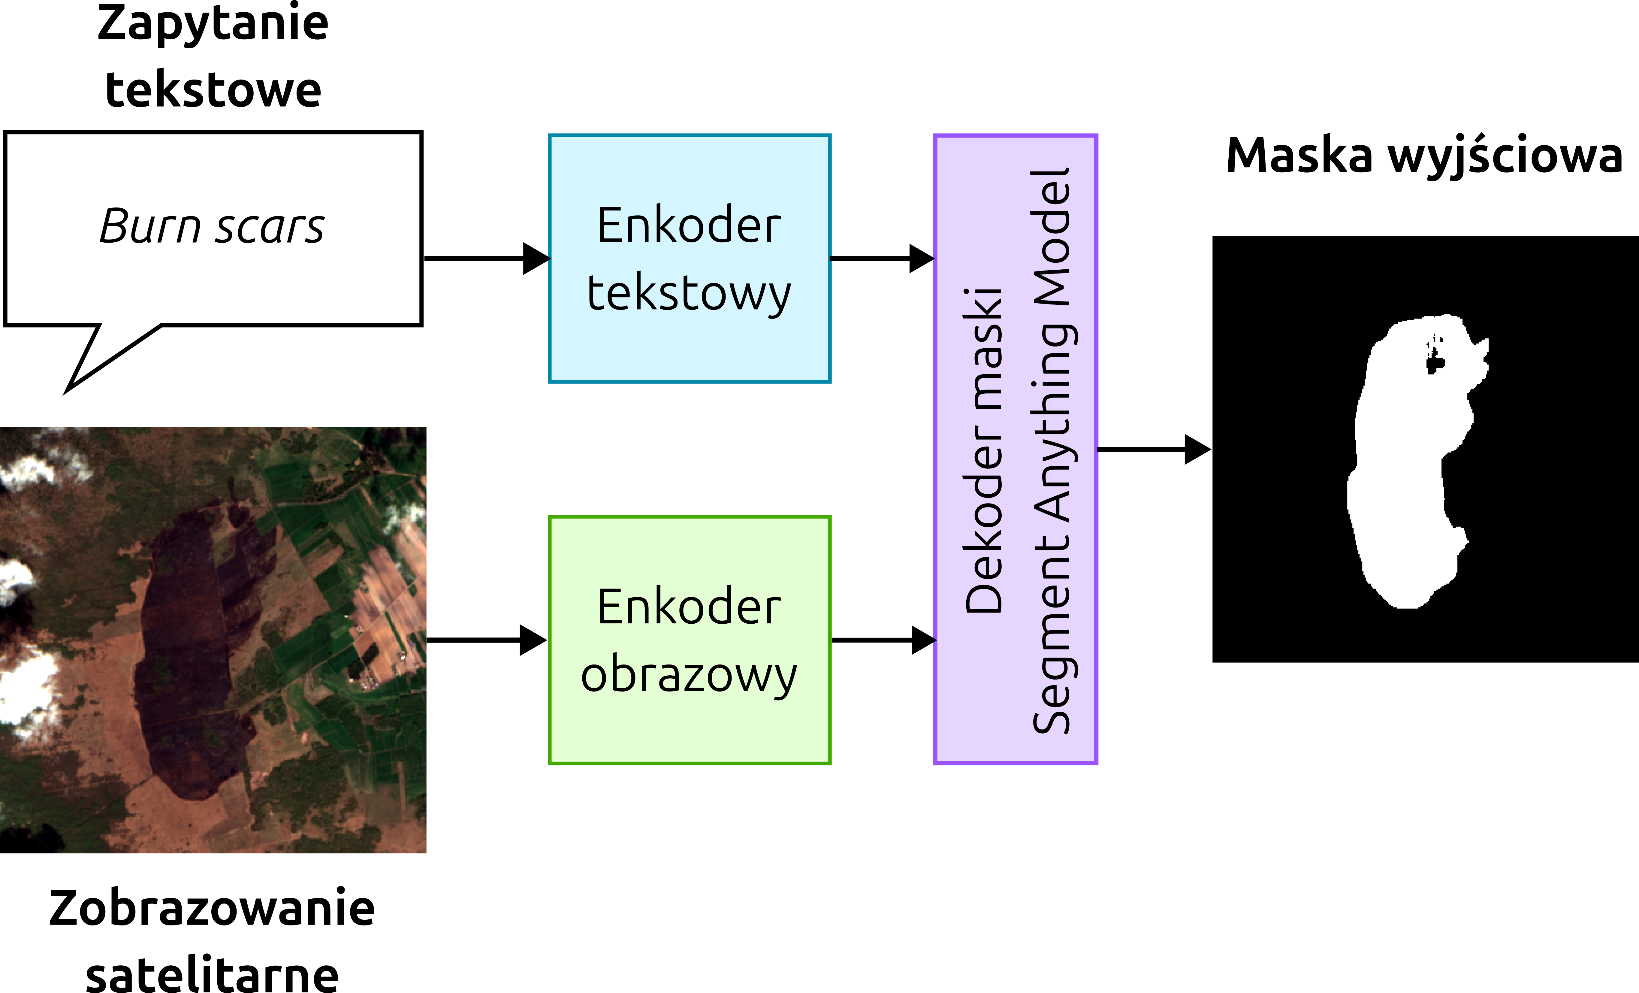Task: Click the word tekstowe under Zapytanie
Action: pyautogui.click(x=213, y=90)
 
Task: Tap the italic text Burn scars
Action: pyautogui.click(x=212, y=226)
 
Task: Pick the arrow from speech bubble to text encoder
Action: pyautogui.click(x=486, y=258)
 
